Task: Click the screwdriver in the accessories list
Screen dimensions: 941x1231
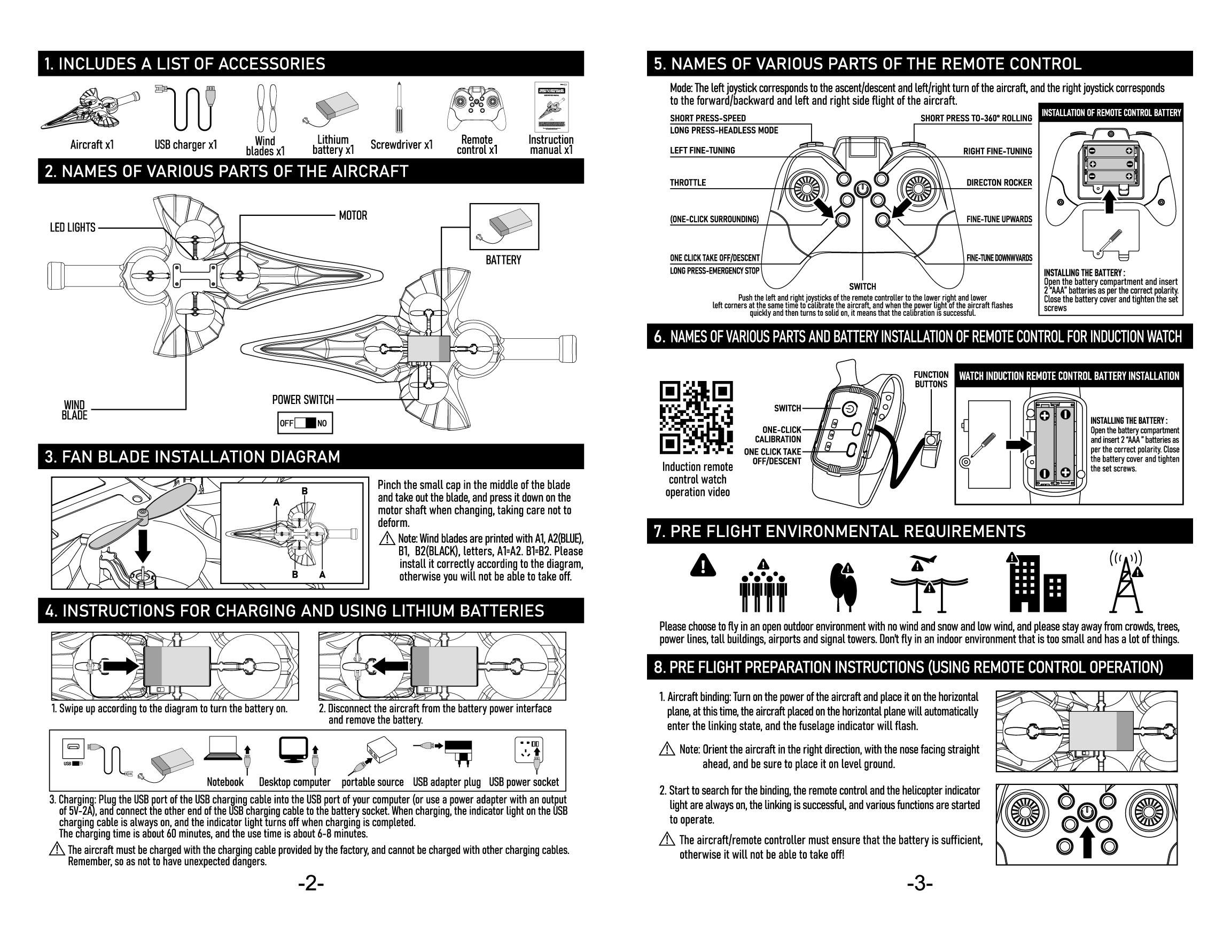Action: pos(399,108)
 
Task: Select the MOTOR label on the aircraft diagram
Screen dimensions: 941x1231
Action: pos(353,216)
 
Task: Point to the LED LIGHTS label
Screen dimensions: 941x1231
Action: pos(73,228)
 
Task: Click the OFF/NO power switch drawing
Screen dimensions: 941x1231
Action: pos(305,423)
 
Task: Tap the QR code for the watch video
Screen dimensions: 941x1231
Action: pos(696,417)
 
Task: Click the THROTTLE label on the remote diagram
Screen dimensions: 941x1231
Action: pos(688,183)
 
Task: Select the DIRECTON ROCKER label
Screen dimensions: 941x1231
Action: pos(999,183)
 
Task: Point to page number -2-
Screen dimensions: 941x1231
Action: pos(311,884)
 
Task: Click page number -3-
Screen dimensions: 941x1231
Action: pos(920,884)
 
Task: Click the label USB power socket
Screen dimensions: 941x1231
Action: pos(524,782)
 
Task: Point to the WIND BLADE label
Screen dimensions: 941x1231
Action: pos(74,409)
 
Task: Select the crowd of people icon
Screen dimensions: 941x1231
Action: pos(763,586)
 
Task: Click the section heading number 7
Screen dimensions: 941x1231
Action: pos(658,531)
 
